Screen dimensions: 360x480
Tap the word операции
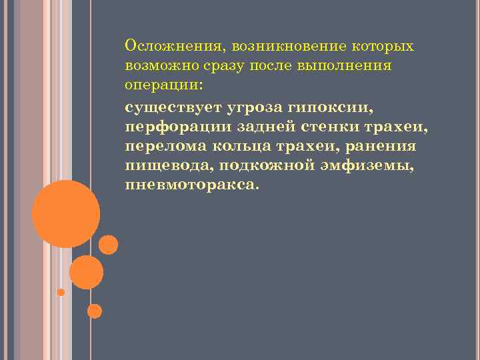pos(159,87)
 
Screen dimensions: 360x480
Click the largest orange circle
pos(66,214)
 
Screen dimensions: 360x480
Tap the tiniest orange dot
pos(61,292)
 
